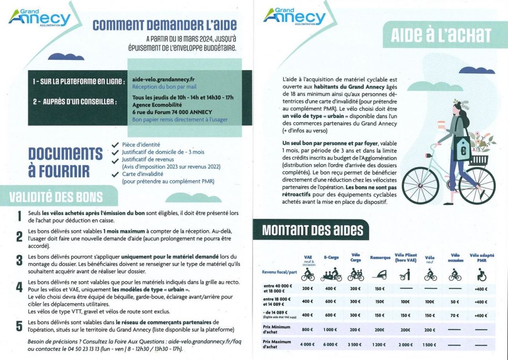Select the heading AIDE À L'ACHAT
(x=440, y=35)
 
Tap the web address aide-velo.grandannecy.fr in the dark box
(x=163, y=80)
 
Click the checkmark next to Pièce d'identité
(x=116, y=144)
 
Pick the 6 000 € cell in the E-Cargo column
(x=331, y=344)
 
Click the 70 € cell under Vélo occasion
(x=455, y=315)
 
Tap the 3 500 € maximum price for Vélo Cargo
(x=356, y=344)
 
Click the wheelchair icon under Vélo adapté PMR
(x=481, y=276)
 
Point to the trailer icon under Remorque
(x=380, y=276)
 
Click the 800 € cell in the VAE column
(x=307, y=329)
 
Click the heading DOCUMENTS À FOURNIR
(x=58, y=161)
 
